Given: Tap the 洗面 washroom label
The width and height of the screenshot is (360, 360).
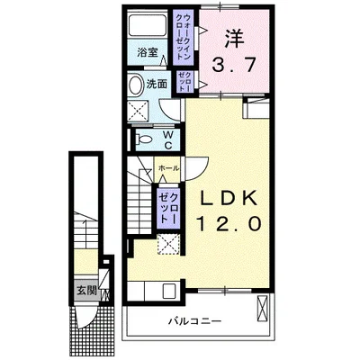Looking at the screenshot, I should coord(157,84).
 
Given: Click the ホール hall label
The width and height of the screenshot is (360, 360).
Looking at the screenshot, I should coord(168,168).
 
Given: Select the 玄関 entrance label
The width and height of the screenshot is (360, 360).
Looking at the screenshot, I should coord(85,290).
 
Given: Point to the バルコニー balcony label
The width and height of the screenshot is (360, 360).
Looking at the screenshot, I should coord(192,320).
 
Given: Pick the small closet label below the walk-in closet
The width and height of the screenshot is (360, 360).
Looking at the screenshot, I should coord(183,80).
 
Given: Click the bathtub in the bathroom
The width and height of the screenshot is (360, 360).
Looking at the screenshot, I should coord(147,25).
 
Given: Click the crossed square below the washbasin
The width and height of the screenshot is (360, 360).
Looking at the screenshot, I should coord(139,111).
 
